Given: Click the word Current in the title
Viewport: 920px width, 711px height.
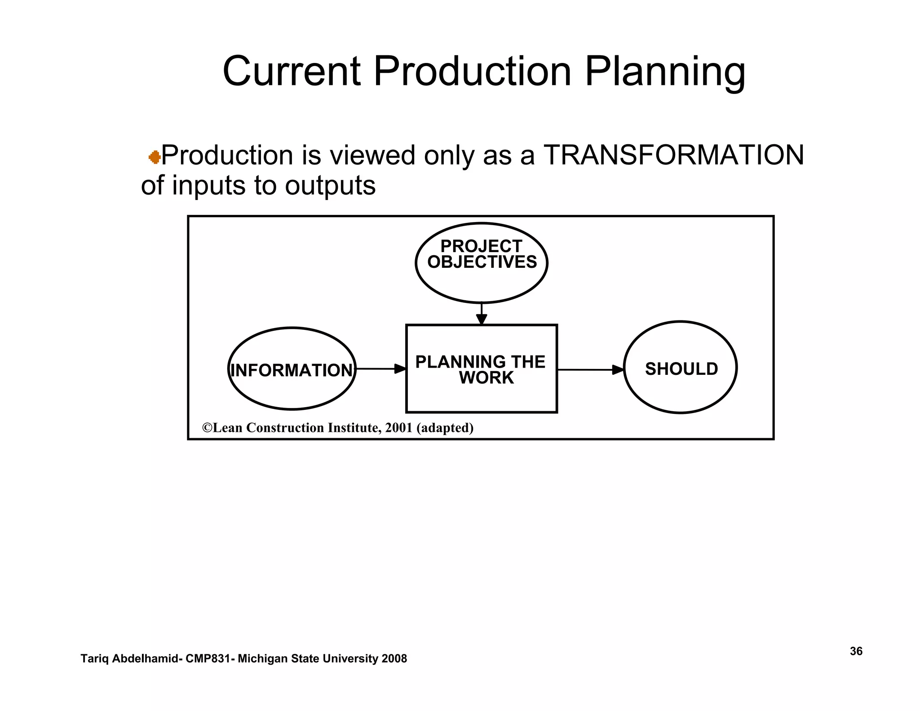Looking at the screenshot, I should (291, 72).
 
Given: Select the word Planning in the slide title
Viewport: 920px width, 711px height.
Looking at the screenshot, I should (665, 72).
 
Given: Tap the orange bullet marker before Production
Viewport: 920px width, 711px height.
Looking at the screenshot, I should (155, 157).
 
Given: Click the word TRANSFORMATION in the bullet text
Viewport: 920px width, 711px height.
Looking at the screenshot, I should (673, 156).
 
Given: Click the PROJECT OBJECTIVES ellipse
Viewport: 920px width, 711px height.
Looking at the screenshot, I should (482, 263).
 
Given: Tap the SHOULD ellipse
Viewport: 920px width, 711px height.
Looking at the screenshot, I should (681, 368).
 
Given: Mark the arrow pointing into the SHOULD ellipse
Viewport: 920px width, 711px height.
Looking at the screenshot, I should (591, 370).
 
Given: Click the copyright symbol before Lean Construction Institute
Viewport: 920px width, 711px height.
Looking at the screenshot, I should (207, 428).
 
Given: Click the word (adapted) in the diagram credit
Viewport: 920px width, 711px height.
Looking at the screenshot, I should (445, 428).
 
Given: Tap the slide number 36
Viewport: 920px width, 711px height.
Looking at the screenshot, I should (856, 651).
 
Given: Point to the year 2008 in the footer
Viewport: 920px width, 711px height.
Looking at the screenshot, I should (394, 659).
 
